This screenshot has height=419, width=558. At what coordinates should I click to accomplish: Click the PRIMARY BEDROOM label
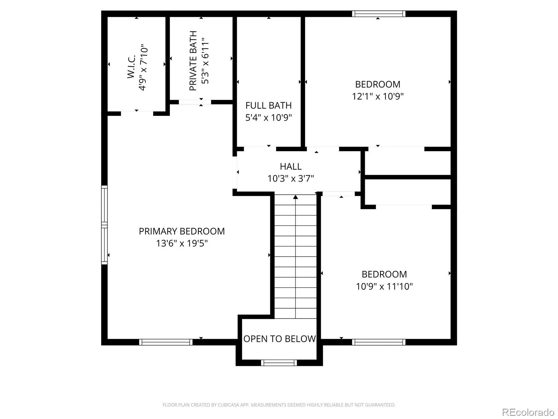[x=181, y=231]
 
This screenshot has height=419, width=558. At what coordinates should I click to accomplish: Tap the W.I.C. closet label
[x=131, y=67]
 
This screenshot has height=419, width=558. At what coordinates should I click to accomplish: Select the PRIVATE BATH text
[x=193, y=61]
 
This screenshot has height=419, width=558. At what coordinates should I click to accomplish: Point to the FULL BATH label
[x=269, y=105]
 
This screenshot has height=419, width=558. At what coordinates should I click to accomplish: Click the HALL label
[x=291, y=167]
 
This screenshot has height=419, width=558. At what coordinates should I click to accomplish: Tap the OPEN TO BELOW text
[x=279, y=339]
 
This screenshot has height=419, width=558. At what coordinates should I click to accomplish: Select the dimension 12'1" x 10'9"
[x=378, y=96]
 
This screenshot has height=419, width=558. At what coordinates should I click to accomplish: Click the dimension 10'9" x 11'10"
[x=384, y=286]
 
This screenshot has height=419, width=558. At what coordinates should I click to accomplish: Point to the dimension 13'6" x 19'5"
[x=182, y=243]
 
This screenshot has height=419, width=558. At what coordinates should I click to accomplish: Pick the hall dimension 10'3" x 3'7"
[x=291, y=178]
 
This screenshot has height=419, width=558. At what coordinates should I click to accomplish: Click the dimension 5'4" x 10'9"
[x=269, y=118]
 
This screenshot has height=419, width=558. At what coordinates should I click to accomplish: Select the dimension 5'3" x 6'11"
[x=205, y=61]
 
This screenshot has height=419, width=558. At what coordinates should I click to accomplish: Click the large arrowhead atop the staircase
[x=295, y=197]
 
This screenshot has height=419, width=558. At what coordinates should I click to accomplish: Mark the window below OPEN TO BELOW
[x=279, y=363]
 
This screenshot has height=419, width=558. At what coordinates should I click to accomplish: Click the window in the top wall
[x=378, y=14]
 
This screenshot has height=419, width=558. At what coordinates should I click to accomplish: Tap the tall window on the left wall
[x=104, y=225]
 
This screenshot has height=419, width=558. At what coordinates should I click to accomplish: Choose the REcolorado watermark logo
[x=528, y=412]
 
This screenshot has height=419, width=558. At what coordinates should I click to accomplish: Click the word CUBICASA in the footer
[x=227, y=405]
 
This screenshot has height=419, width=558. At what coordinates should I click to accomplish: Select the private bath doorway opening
[x=195, y=102]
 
